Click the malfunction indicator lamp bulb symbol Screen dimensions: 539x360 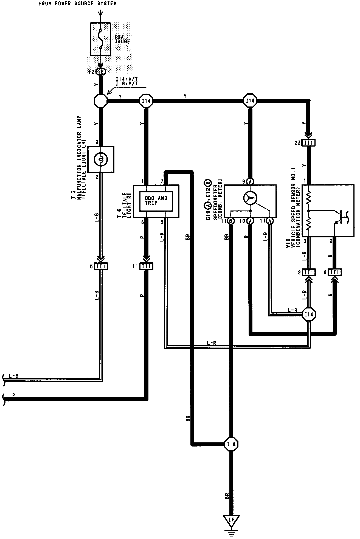point(101,159)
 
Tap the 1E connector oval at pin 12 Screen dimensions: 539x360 point(101,72)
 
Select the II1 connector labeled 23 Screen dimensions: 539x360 point(309,143)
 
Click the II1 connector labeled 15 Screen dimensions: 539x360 point(101,266)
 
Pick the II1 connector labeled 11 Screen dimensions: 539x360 point(147,266)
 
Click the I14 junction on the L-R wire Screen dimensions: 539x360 point(309,314)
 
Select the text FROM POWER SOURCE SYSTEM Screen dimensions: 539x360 point(77,4)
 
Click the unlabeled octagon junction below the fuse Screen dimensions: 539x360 point(101,101)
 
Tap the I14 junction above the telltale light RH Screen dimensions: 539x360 point(146,101)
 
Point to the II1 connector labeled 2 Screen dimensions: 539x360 point(309,272)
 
